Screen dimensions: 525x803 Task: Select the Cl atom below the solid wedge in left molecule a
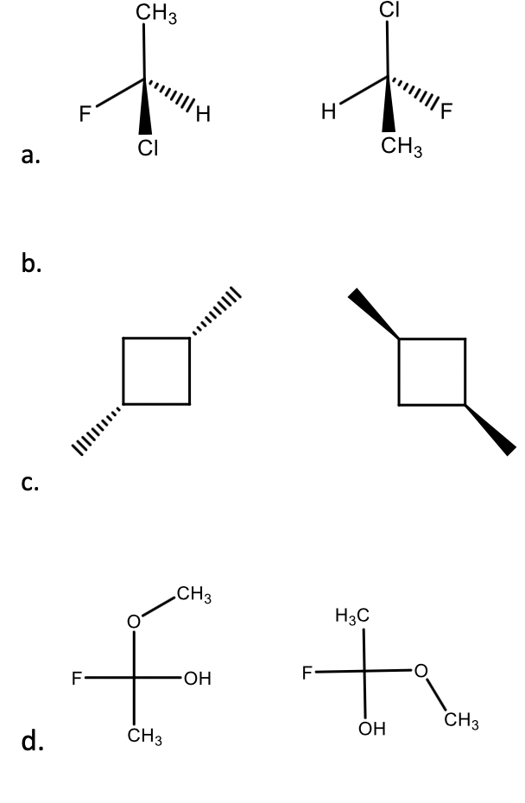pyautogui.click(x=148, y=149)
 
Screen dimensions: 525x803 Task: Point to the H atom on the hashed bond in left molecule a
pyautogui.click(x=203, y=113)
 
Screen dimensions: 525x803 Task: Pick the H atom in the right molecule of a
pyautogui.click(x=326, y=111)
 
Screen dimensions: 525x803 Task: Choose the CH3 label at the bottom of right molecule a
pyautogui.click(x=401, y=148)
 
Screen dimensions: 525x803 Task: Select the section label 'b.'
pyautogui.click(x=32, y=263)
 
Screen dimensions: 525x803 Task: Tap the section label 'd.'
pyautogui.click(x=32, y=741)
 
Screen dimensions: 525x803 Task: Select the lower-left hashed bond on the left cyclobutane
pyautogui.click(x=97, y=427)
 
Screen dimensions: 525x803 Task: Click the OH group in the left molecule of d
pyautogui.click(x=197, y=679)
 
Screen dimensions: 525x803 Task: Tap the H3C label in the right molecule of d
pyautogui.click(x=352, y=616)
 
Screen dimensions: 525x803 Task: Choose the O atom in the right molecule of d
pyautogui.click(x=421, y=670)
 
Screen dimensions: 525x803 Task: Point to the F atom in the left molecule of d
pyautogui.click(x=77, y=678)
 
